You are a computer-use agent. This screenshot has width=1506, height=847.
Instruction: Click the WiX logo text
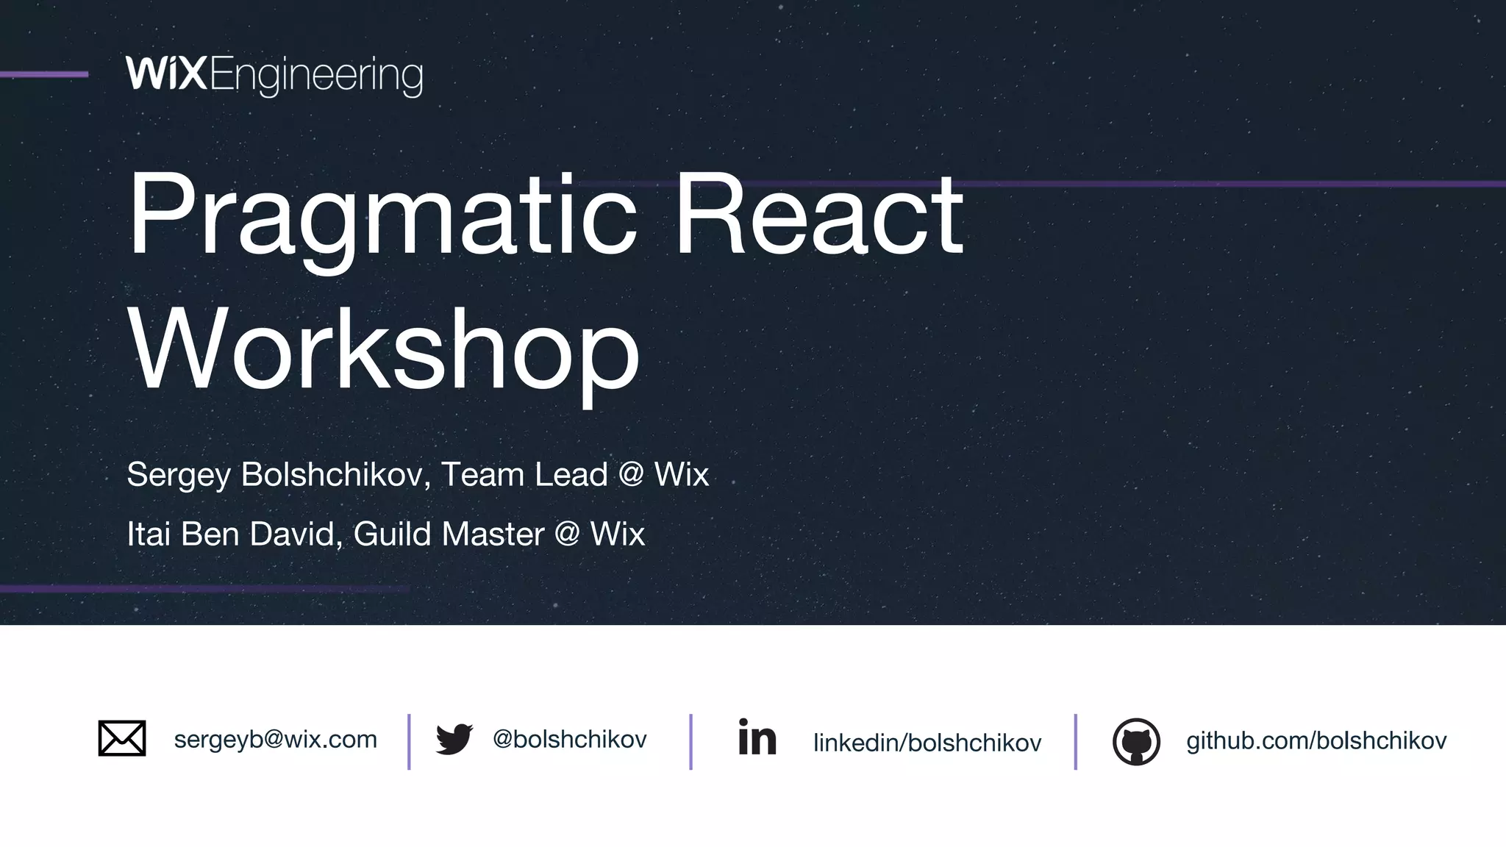[x=166, y=74]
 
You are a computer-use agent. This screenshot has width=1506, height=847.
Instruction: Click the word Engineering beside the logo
[x=316, y=76]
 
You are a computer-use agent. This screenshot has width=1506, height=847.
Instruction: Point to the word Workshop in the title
[x=384, y=349]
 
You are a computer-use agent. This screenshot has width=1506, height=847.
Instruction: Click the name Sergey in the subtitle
[x=179, y=475]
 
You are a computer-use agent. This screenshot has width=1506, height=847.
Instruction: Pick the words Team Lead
[x=524, y=474]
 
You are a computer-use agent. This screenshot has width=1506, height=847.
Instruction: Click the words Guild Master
[x=449, y=534]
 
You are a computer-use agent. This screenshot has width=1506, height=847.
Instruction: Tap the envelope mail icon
[x=122, y=738]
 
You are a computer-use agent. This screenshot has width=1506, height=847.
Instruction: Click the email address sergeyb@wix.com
[x=275, y=739]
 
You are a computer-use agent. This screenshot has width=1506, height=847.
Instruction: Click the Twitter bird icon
[x=454, y=739]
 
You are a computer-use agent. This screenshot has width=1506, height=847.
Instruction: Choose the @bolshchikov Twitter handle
[x=569, y=739]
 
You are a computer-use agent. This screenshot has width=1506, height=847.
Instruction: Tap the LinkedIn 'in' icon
[x=757, y=737]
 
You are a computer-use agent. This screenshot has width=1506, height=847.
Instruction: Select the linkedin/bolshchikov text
[x=927, y=743]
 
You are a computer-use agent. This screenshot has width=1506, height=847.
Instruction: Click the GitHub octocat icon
[x=1136, y=741]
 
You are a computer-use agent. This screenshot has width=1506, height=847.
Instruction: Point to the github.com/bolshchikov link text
[x=1316, y=740]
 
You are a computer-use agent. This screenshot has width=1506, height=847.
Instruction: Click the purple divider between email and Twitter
[x=409, y=741]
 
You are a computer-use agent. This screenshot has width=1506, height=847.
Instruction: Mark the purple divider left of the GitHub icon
[x=1075, y=741]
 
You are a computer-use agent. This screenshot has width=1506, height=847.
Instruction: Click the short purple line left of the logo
[x=44, y=74]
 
